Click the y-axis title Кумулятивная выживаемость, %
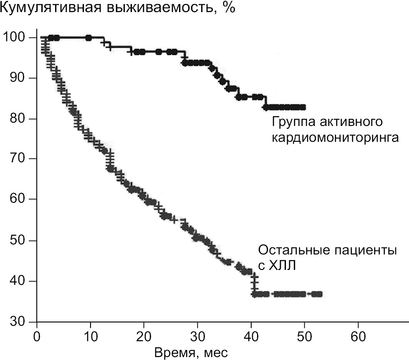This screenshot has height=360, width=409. point(118,8)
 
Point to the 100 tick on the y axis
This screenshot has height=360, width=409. point(15,38)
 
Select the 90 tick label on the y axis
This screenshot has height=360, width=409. point(19,78)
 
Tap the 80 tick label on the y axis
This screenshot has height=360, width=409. point(19,119)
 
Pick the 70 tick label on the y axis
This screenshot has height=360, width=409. point(19,159)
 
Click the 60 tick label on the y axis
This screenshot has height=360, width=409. point(19,199)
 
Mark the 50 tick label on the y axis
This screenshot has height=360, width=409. point(19,240)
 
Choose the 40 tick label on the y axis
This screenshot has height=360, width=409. point(19,281)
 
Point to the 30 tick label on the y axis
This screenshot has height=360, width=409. point(19,322)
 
